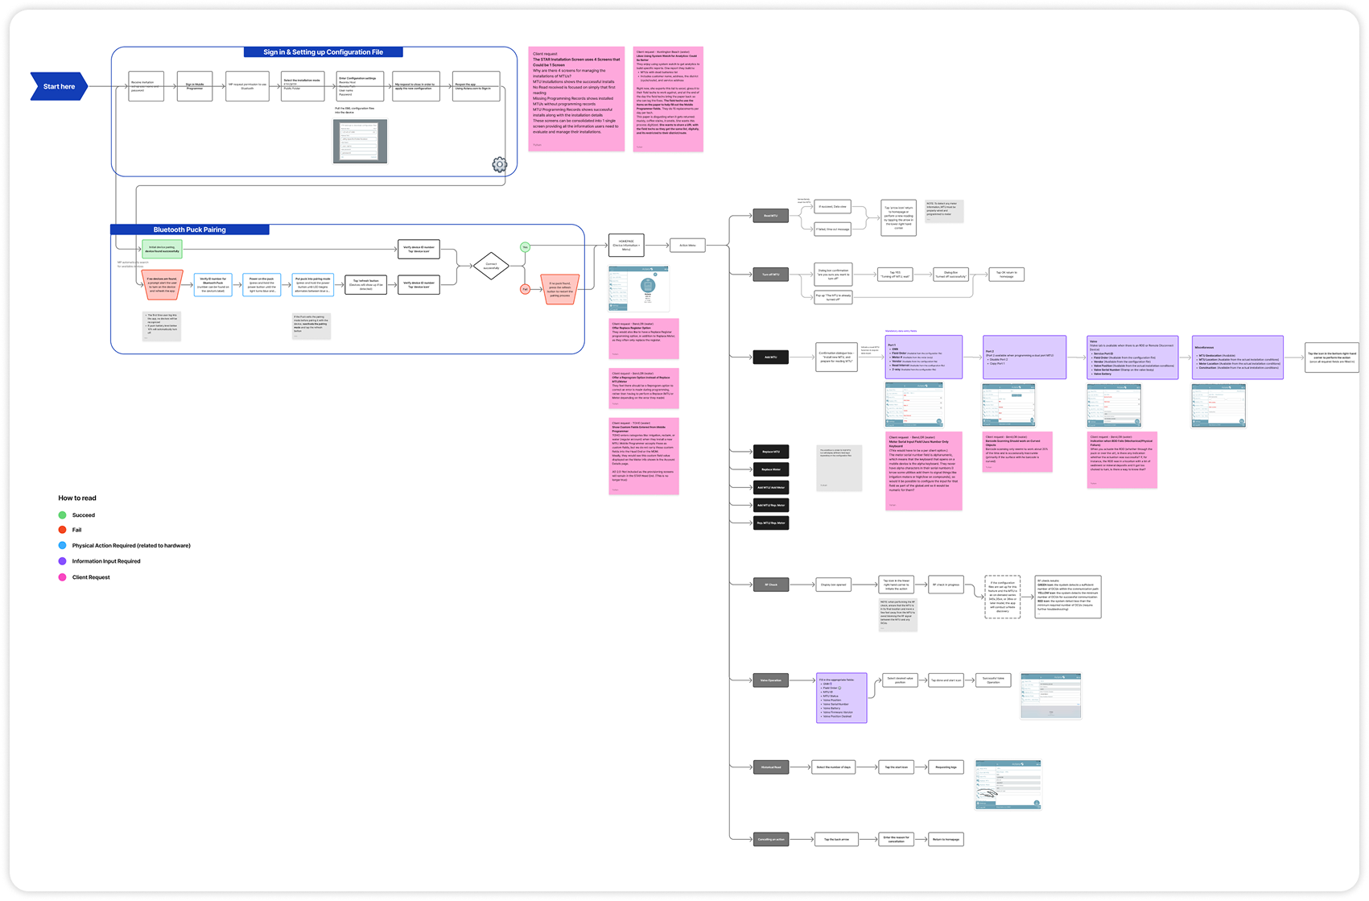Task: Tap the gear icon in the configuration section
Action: coord(500,164)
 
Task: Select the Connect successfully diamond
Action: coord(491,265)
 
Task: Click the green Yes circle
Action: coord(525,247)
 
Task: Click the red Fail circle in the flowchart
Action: coord(525,288)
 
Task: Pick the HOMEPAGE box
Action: coord(626,246)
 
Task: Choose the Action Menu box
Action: coord(687,246)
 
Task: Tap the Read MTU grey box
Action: coord(770,216)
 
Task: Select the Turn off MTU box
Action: coord(770,275)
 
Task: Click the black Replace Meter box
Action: coord(770,469)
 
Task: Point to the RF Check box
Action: coord(770,585)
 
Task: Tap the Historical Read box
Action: coord(770,767)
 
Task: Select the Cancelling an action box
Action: coord(770,839)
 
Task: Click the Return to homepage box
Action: coord(946,839)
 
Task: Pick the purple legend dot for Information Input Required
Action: coord(62,561)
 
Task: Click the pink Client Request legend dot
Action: coord(62,577)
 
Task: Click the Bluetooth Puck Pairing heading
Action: coord(190,229)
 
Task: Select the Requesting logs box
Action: coord(946,767)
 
